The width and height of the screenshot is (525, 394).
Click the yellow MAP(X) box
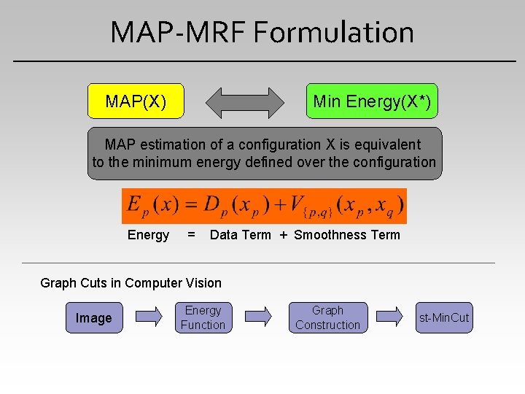[136, 101]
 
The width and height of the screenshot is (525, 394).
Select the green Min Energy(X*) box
[372, 101]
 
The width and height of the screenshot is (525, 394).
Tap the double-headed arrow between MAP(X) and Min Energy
[245, 102]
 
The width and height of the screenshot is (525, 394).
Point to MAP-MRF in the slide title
[179, 32]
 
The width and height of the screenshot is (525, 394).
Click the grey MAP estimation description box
[264, 153]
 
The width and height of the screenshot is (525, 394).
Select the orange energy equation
[264, 206]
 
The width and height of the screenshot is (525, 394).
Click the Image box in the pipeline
[94, 318]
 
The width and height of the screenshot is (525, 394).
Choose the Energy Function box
[203, 318]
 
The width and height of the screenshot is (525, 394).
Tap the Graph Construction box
[327, 318]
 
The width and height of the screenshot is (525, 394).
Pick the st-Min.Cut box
[444, 318]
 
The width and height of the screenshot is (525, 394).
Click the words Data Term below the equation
[240, 235]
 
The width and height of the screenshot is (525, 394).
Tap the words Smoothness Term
[347, 235]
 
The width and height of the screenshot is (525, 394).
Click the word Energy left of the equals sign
[148, 235]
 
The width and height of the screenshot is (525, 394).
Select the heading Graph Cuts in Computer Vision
[131, 282]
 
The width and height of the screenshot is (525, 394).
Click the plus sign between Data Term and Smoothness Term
[283, 235]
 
